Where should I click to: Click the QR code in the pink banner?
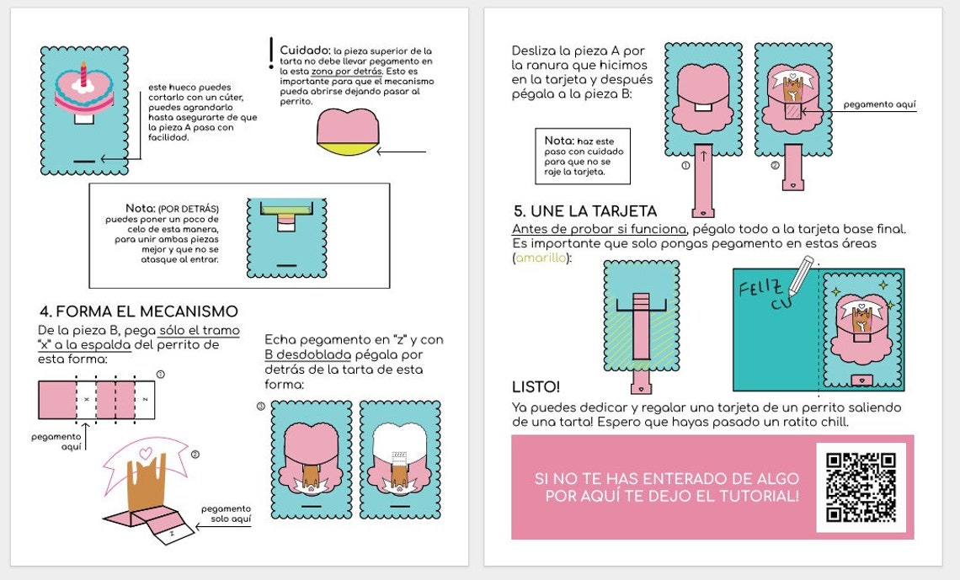coord(861,487)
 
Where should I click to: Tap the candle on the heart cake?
coord(83,73)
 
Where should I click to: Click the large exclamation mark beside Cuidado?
coord(270,52)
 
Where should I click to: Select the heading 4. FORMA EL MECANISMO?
coord(138,311)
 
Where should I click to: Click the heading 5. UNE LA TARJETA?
coord(585,210)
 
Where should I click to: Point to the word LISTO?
coord(536,387)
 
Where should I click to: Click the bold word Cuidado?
coord(304,50)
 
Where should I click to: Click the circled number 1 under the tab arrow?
coord(685,166)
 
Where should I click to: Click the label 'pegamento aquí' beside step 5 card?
coord(879,105)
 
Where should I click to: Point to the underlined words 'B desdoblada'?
coord(307,354)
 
